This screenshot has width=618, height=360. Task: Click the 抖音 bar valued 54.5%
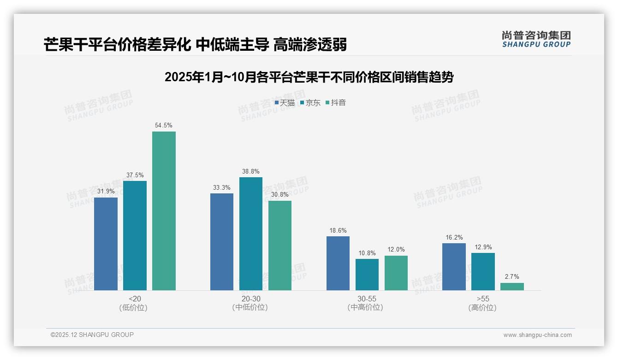(164, 211)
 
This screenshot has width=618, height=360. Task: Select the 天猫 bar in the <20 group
(106, 244)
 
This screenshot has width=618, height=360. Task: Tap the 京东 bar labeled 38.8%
(250, 234)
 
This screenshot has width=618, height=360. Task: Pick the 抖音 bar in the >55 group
(512, 287)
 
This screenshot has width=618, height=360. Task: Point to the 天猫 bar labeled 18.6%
(338, 263)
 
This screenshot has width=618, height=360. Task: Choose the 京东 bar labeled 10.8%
(367, 275)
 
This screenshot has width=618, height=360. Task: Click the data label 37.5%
(135, 175)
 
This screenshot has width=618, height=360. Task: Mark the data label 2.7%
(512, 277)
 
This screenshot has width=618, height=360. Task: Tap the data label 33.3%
(222, 188)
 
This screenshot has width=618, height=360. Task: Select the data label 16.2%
(454, 238)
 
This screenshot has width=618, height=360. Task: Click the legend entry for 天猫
(285, 103)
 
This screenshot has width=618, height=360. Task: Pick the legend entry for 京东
(310, 103)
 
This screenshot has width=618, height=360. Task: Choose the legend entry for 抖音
(336, 103)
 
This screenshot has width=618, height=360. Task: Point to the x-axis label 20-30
(250, 299)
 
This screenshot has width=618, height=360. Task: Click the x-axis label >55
(483, 299)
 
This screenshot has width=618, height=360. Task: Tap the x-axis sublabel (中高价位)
(365, 307)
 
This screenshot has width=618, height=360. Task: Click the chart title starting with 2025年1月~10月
(309, 77)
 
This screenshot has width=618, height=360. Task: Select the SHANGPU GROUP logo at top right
(536, 39)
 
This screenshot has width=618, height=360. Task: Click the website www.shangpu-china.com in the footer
(537, 335)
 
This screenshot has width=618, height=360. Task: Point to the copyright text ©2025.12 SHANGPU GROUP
(92, 335)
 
